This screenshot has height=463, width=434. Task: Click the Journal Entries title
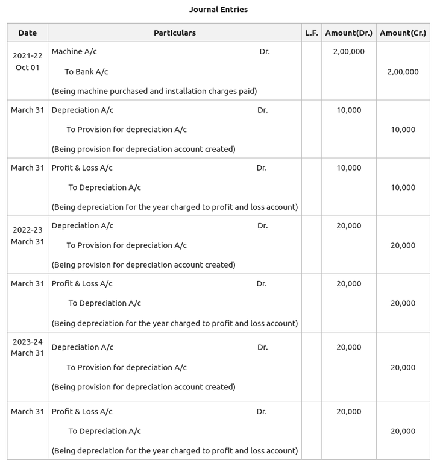(218, 10)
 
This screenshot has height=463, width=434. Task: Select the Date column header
(28, 33)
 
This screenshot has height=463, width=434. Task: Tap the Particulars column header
(175, 33)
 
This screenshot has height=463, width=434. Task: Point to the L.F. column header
(311, 33)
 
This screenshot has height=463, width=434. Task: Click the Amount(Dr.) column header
(348, 33)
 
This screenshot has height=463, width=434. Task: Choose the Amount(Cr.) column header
(403, 33)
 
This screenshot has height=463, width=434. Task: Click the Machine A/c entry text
(74, 52)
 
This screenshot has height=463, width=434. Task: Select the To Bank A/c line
(86, 72)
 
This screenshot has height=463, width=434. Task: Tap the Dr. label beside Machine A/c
(265, 52)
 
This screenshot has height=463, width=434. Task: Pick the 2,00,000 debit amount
(348, 52)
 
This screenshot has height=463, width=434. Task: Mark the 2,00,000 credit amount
(403, 72)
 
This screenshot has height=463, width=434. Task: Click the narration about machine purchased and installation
(154, 92)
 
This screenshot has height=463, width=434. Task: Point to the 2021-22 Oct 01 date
(27, 61)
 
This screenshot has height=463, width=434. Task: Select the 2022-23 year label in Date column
(28, 230)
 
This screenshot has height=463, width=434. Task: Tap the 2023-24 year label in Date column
(28, 342)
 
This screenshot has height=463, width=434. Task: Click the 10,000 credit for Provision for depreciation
(403, 130)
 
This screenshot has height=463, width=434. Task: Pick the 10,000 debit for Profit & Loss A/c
(348, 168)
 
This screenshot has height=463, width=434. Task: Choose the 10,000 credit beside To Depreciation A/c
(403, 187)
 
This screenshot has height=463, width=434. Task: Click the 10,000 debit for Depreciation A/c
(348, 110)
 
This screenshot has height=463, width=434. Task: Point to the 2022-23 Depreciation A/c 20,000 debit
(348, 226)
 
